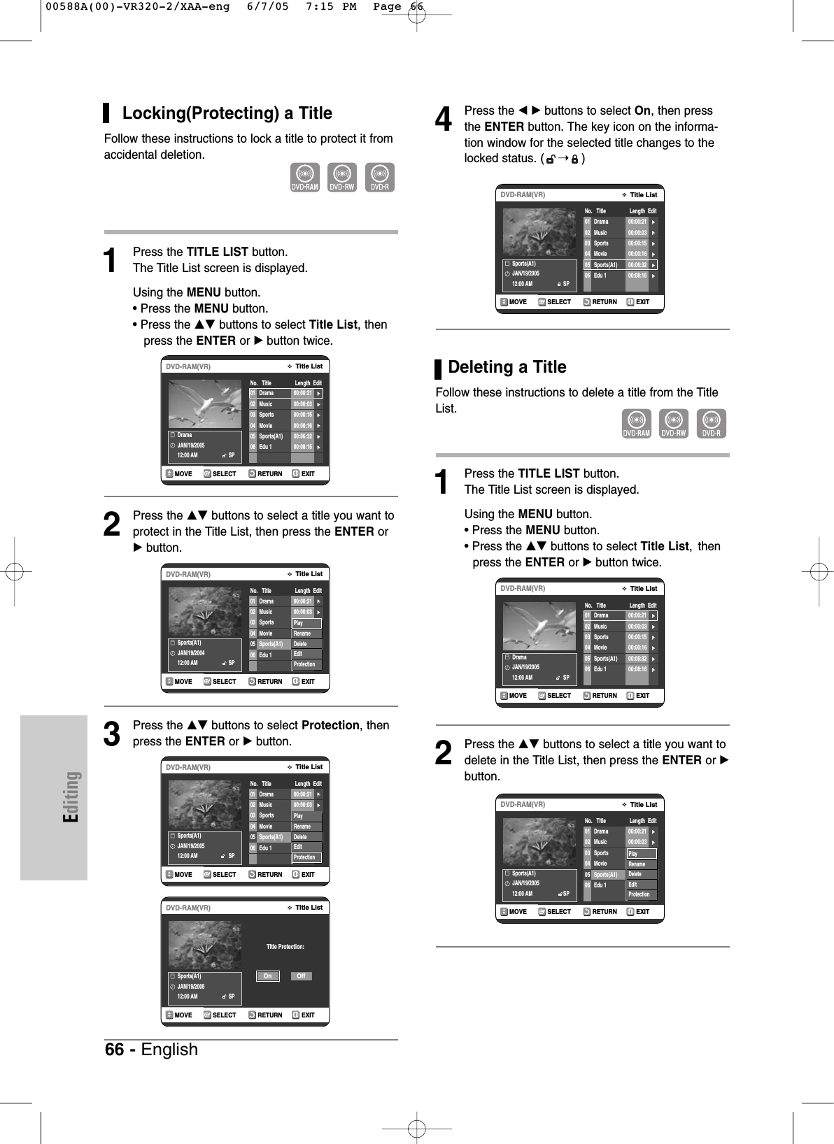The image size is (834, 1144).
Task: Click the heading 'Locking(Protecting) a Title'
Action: (227, 113)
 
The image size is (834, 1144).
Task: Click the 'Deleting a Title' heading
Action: (507, 367)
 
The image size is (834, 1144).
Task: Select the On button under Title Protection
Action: (267, 976)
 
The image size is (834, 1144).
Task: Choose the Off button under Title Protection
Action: (301, 976)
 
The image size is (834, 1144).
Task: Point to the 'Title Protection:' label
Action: (285, 947)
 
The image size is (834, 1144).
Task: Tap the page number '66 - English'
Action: (152, 1050)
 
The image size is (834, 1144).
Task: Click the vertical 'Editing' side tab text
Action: (71, 796)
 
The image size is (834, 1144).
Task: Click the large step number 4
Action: (444, 120)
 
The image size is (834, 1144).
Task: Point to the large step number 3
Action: (112, 734)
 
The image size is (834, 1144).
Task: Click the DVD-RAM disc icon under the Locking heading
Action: (305, 178)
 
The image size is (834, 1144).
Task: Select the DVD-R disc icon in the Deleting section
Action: (712, 424)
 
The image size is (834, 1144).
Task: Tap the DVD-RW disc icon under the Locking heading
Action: (342, 178)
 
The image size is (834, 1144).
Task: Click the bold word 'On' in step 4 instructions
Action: (642, 110)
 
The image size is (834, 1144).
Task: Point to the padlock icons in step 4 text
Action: (562, 159)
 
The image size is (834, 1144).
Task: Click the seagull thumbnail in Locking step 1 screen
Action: (204, 403)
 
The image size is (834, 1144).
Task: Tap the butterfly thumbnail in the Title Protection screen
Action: (204, 945)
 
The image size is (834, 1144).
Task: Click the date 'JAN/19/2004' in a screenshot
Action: (191, 653)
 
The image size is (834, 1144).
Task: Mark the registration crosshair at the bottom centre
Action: (417, 1128)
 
